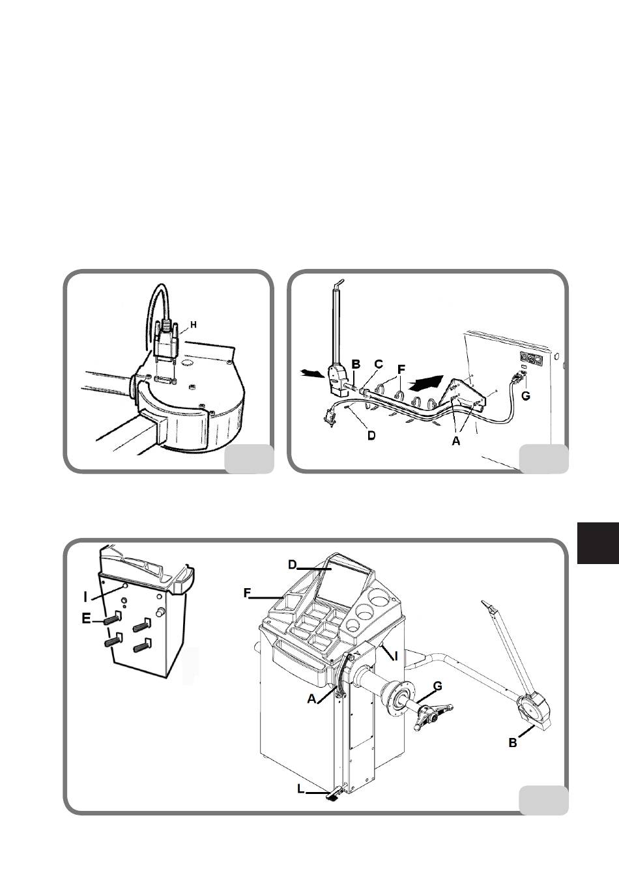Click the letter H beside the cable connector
(194, 324)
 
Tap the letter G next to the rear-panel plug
(525, 396)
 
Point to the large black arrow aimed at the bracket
(425, 380)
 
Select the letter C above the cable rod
(379, 365)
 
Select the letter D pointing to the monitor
(293, 565)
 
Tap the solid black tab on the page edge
(598, 543)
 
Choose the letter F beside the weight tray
(247, 593)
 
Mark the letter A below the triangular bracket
(455, 442)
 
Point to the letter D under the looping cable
(371, 435)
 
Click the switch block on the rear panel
(531, 359)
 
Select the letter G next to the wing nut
(438, 686)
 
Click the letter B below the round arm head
(513, 743)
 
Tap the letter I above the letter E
(85, 597)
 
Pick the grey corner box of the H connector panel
(249, 459)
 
